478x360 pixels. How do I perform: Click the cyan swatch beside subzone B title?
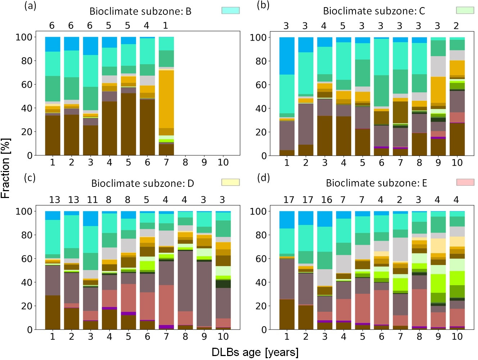[230, 10]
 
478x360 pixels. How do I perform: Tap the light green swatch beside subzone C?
[465, 10]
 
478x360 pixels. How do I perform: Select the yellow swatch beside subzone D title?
[230, 182]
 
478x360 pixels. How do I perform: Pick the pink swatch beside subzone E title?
[465, 182]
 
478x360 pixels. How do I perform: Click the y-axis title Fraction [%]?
[6, 168]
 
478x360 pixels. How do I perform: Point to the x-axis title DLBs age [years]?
[255, 352]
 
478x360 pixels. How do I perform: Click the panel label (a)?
[30, 6]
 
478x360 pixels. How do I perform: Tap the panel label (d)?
[263, 178]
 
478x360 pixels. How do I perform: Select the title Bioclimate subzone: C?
[374, 11]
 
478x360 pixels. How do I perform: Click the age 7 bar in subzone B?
[166, 96]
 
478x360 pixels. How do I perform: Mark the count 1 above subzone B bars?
[166, 26]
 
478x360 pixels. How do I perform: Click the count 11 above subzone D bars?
[92, 199]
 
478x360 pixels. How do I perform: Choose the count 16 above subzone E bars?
[326, 199]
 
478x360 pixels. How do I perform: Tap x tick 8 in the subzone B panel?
[185, 162]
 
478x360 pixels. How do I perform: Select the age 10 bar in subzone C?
[457, 96]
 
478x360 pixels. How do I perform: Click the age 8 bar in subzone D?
[185, 270]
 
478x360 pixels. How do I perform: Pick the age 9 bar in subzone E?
[438, 270]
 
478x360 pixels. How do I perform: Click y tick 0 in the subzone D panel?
[30, 330]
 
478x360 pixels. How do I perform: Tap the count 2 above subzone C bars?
[456, 26]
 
